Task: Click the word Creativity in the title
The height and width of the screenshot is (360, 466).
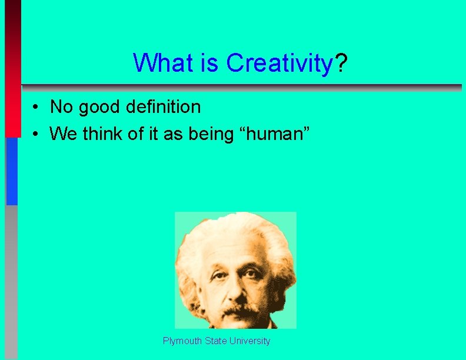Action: (x=279, y=63)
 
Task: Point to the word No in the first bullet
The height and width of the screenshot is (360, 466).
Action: (x=61, y=107)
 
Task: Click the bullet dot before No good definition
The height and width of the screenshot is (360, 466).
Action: (x=36, y=108)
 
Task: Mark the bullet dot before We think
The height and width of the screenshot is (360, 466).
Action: (x=36, y=135)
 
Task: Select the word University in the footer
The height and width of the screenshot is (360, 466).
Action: (x=250, y=341)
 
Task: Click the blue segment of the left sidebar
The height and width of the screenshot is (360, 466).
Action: (x=12, y=171)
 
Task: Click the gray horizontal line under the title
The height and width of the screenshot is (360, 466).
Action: (x=241, y=86)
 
